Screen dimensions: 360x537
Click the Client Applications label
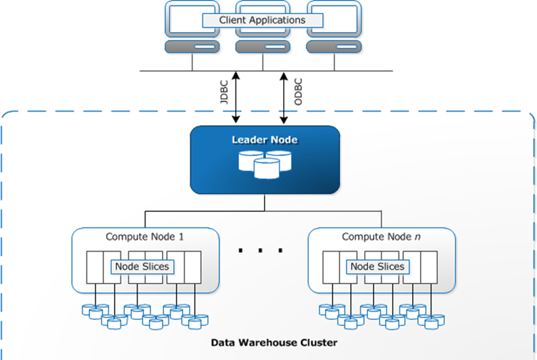tap(263, 20)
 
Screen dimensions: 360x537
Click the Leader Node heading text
tap(265, 140)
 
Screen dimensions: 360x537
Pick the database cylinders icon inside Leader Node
tap(265, 164)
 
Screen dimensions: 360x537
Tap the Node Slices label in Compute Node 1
tap(141, 267)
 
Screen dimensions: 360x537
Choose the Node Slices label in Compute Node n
tap(377, 267)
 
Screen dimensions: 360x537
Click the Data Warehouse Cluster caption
tap(274, 343)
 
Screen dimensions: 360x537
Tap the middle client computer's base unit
tap(263, 48)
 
